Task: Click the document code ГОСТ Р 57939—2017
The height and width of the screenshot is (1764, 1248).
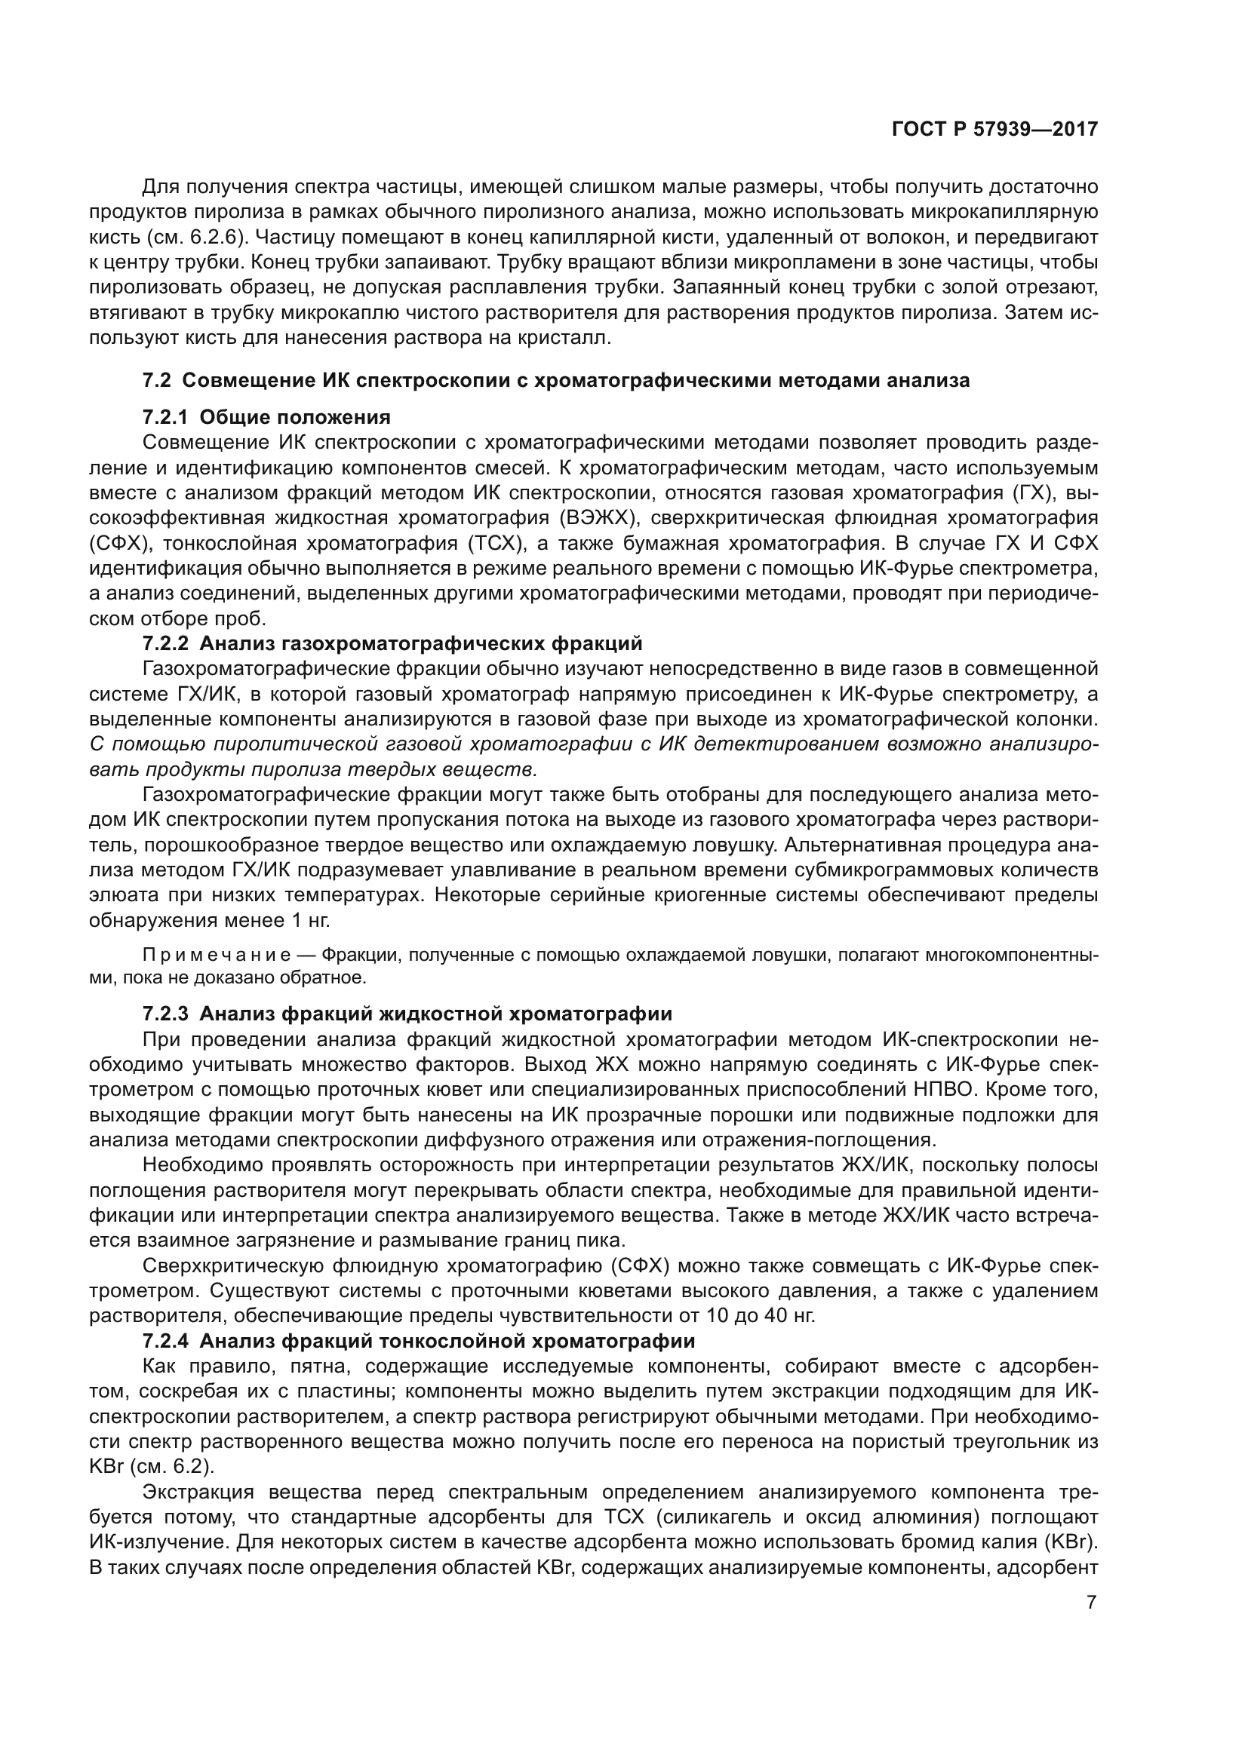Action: pos(994,129)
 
